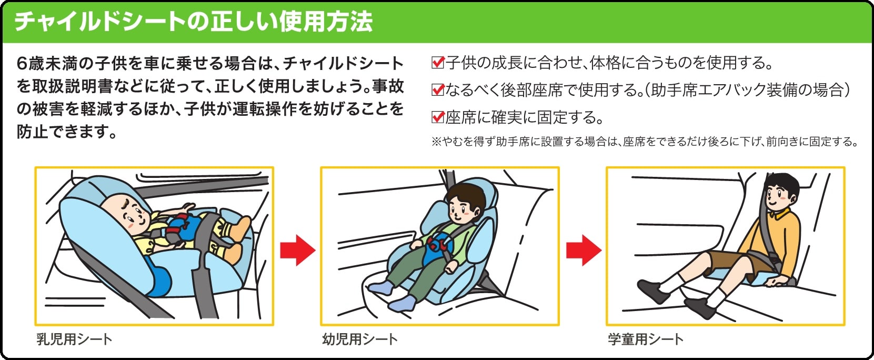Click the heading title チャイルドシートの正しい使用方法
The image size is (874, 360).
194,22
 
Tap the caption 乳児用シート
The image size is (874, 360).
74,339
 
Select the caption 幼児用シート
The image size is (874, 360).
360,339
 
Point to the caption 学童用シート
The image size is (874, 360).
646,339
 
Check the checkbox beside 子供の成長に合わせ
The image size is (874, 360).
438,63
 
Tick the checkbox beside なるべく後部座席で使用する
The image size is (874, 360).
438,90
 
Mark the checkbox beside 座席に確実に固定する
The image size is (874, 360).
438,117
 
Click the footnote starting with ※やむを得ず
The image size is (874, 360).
645,142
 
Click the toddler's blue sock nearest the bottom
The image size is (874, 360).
402,304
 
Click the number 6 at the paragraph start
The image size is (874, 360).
22,64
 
